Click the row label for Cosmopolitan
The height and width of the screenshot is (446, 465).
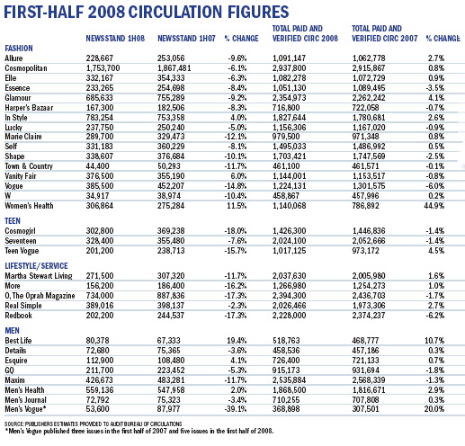point(26,68)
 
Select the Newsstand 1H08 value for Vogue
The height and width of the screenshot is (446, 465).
point(100,186)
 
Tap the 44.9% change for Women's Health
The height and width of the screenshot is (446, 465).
point(434,206)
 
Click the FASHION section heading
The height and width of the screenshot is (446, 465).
point(19,49)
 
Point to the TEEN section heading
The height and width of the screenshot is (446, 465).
point(13,221)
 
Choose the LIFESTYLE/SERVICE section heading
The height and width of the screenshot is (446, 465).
point(36,266)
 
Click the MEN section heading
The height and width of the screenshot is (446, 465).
point(12,331)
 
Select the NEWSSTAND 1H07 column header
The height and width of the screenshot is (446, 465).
point(186,39)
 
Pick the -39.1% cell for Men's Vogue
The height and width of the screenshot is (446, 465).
point(236,409)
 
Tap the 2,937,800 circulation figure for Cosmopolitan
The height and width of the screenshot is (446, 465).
point(290,68)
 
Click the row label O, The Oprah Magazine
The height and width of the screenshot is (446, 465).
point(40,296)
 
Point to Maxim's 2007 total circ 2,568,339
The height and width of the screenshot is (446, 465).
point(369,380)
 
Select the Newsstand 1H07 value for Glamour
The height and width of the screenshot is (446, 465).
point(171,98)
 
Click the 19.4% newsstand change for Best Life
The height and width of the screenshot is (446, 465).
point(237,341)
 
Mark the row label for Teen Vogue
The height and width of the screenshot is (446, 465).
point(22,251)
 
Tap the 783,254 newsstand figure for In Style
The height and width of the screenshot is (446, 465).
point(100,118)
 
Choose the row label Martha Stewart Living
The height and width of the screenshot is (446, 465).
point(39,276)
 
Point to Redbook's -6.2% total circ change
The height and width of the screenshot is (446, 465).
point(435,316)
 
